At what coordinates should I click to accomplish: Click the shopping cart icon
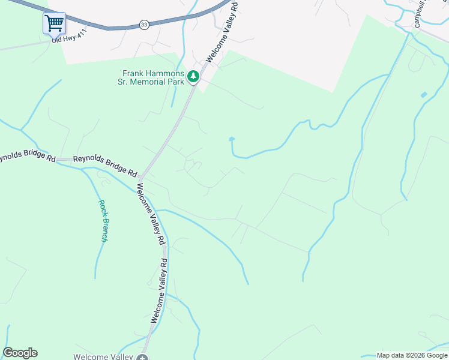pyautogui.click(x=54, y=23)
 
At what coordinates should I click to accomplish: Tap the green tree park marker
pyautogui.click(x=193, y=76)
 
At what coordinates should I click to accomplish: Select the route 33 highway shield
pyautogui.click(x=143, y=24)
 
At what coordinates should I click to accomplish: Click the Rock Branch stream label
pyautogui.click(x=104, y=221)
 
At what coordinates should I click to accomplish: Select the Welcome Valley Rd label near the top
pyautogui.click(x=221, y=31)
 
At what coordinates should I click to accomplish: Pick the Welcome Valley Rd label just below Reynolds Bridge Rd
pyautogui.click(x=150, y=214)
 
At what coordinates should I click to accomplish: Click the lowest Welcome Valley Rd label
pyautogui.click(x=159, y=291)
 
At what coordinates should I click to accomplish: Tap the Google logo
pyautogui.click(x=20, y=353)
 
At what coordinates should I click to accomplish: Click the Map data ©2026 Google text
pyautogui.click(x=412, y=355)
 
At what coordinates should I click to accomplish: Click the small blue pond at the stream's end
pyautogui.click(x=232, y=140)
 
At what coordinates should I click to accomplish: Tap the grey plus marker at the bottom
pyautogui.click(x=142, y=358)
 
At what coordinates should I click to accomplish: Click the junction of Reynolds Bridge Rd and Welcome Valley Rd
pyautogui.click(x=140, y=178)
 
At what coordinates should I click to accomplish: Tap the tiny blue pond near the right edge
pyautogui.click(x=424, y=95)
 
